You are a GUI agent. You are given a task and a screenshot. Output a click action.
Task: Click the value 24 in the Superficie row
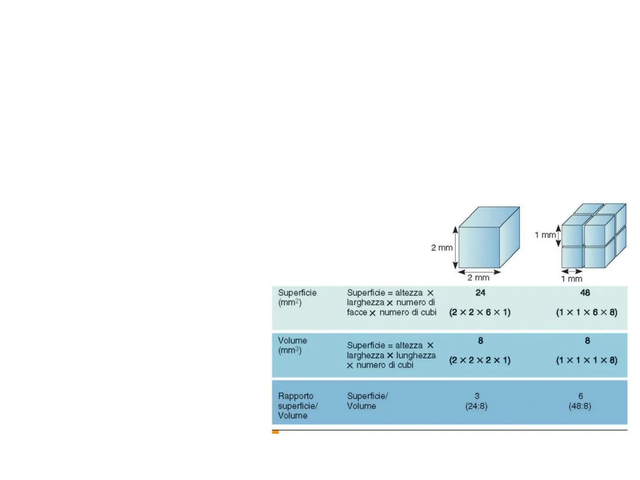480,293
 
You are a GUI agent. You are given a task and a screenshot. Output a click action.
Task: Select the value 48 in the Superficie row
585,293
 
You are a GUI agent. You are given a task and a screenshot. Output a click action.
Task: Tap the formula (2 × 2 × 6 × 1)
480,312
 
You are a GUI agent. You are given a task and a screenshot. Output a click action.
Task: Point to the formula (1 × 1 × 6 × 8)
586,312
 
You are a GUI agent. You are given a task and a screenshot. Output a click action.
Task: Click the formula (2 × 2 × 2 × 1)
480,360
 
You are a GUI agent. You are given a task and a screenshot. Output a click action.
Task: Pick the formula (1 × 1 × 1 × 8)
586,360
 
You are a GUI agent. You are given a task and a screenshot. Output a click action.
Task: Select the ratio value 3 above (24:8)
477,396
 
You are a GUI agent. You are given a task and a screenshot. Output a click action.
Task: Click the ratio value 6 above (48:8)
580,396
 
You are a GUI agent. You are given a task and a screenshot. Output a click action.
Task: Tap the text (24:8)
476,406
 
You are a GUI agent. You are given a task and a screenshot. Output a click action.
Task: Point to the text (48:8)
580,406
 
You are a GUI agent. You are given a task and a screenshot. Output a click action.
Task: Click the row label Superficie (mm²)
297,297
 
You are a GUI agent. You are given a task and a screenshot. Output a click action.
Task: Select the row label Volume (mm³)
292,345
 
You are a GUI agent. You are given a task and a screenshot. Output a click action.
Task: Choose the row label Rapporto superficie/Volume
297,406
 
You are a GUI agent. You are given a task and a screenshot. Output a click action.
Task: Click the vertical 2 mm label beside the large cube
441,248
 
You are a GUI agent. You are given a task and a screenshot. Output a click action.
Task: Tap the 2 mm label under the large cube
478,278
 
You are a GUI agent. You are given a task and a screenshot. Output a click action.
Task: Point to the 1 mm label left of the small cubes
545,235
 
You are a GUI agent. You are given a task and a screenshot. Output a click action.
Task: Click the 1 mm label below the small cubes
572,279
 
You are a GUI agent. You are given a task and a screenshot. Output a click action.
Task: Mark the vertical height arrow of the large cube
455,248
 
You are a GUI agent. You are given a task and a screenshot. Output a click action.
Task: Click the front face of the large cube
479,248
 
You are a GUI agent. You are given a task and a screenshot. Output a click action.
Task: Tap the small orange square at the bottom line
276,432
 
